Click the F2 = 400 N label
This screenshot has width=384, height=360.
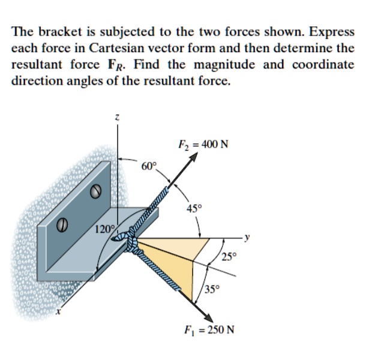[204, 145]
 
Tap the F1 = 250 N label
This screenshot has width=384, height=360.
[209, 330]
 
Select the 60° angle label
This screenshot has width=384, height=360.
[149, 165]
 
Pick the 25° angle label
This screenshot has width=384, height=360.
[230, 258]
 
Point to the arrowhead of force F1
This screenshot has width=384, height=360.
[211, 318]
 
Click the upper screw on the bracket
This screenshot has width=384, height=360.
[94, 192]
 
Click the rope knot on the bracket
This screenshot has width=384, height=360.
[132, 241]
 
